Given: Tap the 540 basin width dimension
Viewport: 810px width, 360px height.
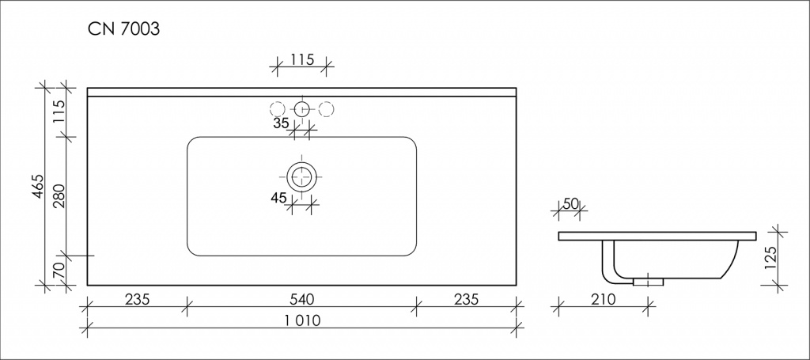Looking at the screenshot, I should click(301, 299).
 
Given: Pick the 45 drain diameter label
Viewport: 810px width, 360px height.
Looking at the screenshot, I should click(278, 199).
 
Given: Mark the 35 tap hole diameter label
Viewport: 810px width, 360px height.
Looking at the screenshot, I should click(281, 123).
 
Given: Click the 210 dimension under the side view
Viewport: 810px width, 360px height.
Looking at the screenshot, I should click(603, 299).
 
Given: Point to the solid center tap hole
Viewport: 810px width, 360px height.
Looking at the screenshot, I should click(301, 108).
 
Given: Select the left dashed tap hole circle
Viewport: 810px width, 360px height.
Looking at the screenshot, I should click(277, 108).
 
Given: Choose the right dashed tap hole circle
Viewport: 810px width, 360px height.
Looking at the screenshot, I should click(326, 108).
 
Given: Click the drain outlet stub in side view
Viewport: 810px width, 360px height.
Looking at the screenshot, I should click(648, 279).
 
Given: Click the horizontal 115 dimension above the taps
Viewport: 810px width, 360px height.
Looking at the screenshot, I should click(301, 59).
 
